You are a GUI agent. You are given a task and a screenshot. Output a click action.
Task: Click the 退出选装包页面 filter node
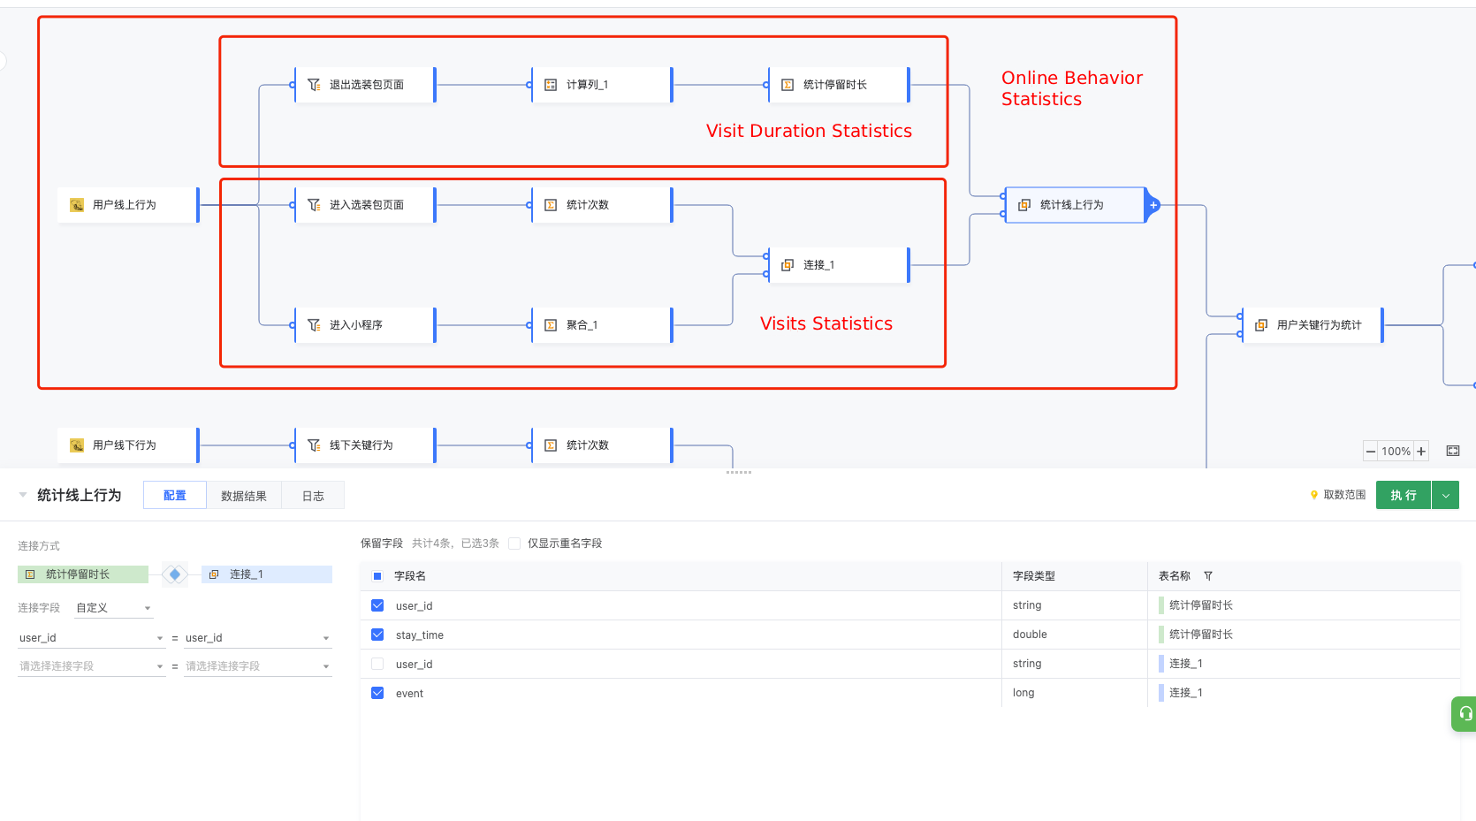[x=365, y=84]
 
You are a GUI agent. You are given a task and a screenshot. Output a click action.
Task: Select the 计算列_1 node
[x=602, y=84]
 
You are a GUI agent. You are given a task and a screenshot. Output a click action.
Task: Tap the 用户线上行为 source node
[x=128, y=205]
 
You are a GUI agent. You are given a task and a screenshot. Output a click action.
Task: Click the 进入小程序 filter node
[x=365, y=325]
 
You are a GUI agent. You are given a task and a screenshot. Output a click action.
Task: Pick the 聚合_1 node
[x=602, y=325]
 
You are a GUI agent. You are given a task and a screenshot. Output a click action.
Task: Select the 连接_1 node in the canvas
[x=839, y=265]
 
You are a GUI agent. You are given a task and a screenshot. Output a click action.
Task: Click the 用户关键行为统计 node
[x=1312, y=325]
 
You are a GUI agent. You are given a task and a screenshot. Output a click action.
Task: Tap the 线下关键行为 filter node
[x=365, y=445]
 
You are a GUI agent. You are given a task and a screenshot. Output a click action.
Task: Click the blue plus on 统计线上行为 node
[x=1153, y=205]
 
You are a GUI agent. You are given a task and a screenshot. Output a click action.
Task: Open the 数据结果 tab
[x=244, y=496]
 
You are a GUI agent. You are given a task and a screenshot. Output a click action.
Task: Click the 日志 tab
[x=313, y=496]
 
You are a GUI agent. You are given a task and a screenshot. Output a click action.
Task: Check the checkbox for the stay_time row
[x=377, y=635]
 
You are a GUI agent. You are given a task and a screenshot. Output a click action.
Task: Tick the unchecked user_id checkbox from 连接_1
[x=377, y=664]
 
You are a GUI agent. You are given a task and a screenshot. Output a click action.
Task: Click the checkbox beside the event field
[x=377, y=693]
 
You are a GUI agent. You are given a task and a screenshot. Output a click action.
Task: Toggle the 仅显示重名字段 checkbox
[x=514, y=543]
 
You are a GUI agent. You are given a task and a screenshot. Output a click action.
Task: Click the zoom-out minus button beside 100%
[x=1371, y=452]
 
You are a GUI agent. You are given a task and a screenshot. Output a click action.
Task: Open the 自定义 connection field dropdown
[x=113, y=607]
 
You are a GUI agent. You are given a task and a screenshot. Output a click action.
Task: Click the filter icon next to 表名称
[x=1208, y=576]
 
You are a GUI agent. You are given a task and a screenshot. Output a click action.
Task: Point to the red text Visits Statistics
[x=826, y=323]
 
